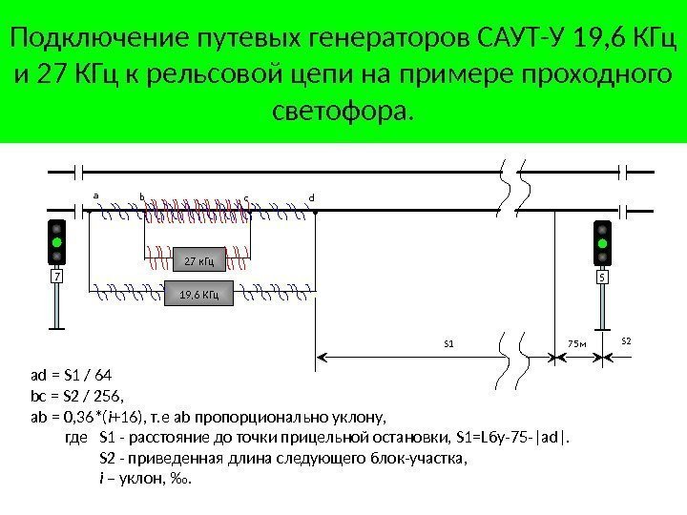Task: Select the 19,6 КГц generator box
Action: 199,295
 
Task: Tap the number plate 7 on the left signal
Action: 56,278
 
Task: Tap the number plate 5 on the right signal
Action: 603,278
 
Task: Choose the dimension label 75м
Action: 575,341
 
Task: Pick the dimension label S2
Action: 626,340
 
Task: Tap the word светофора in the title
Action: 339,113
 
